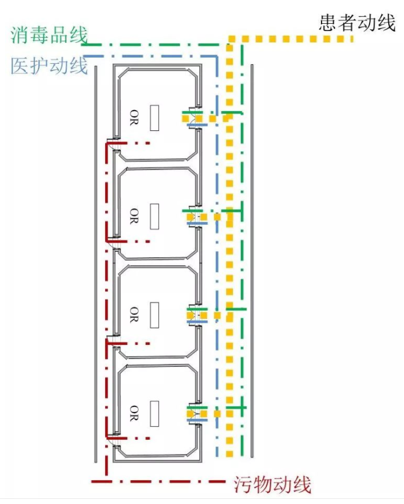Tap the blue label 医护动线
[49, 66]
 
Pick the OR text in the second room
[134, 216]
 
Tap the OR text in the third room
[134, 314]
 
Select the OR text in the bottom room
[134, 413]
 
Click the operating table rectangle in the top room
[154, 118]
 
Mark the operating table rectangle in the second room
[154, 216]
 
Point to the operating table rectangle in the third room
[154, 315]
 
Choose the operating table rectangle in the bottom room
[154, 413]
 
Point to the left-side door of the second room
[113, 243]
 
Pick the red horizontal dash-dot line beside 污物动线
[158, 481]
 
